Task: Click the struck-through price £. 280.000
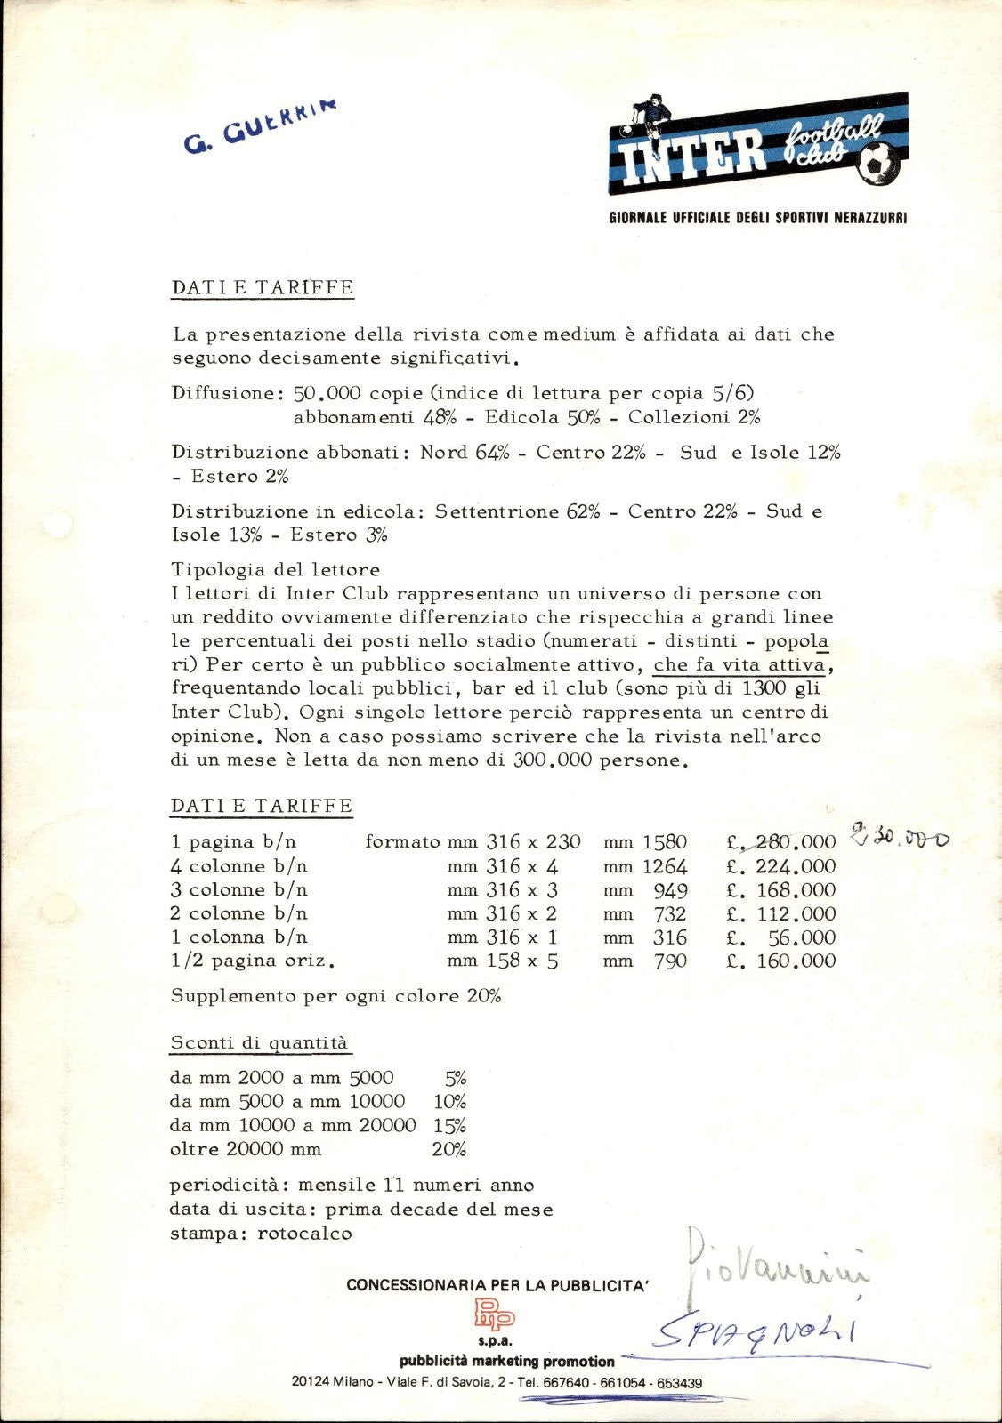(x=781, y=842)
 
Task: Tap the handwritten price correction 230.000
(x=900, y=837)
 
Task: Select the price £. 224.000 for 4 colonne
(x=781, y=866)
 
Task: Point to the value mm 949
(x=645, y=890)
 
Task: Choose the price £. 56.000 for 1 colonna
(x=781, y=937)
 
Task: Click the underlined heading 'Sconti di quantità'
(x=258, y=1043)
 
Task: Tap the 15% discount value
(x=449, y=1125)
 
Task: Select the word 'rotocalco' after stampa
(x=304, y=1234)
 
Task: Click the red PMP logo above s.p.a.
(x=494, y=1312)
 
